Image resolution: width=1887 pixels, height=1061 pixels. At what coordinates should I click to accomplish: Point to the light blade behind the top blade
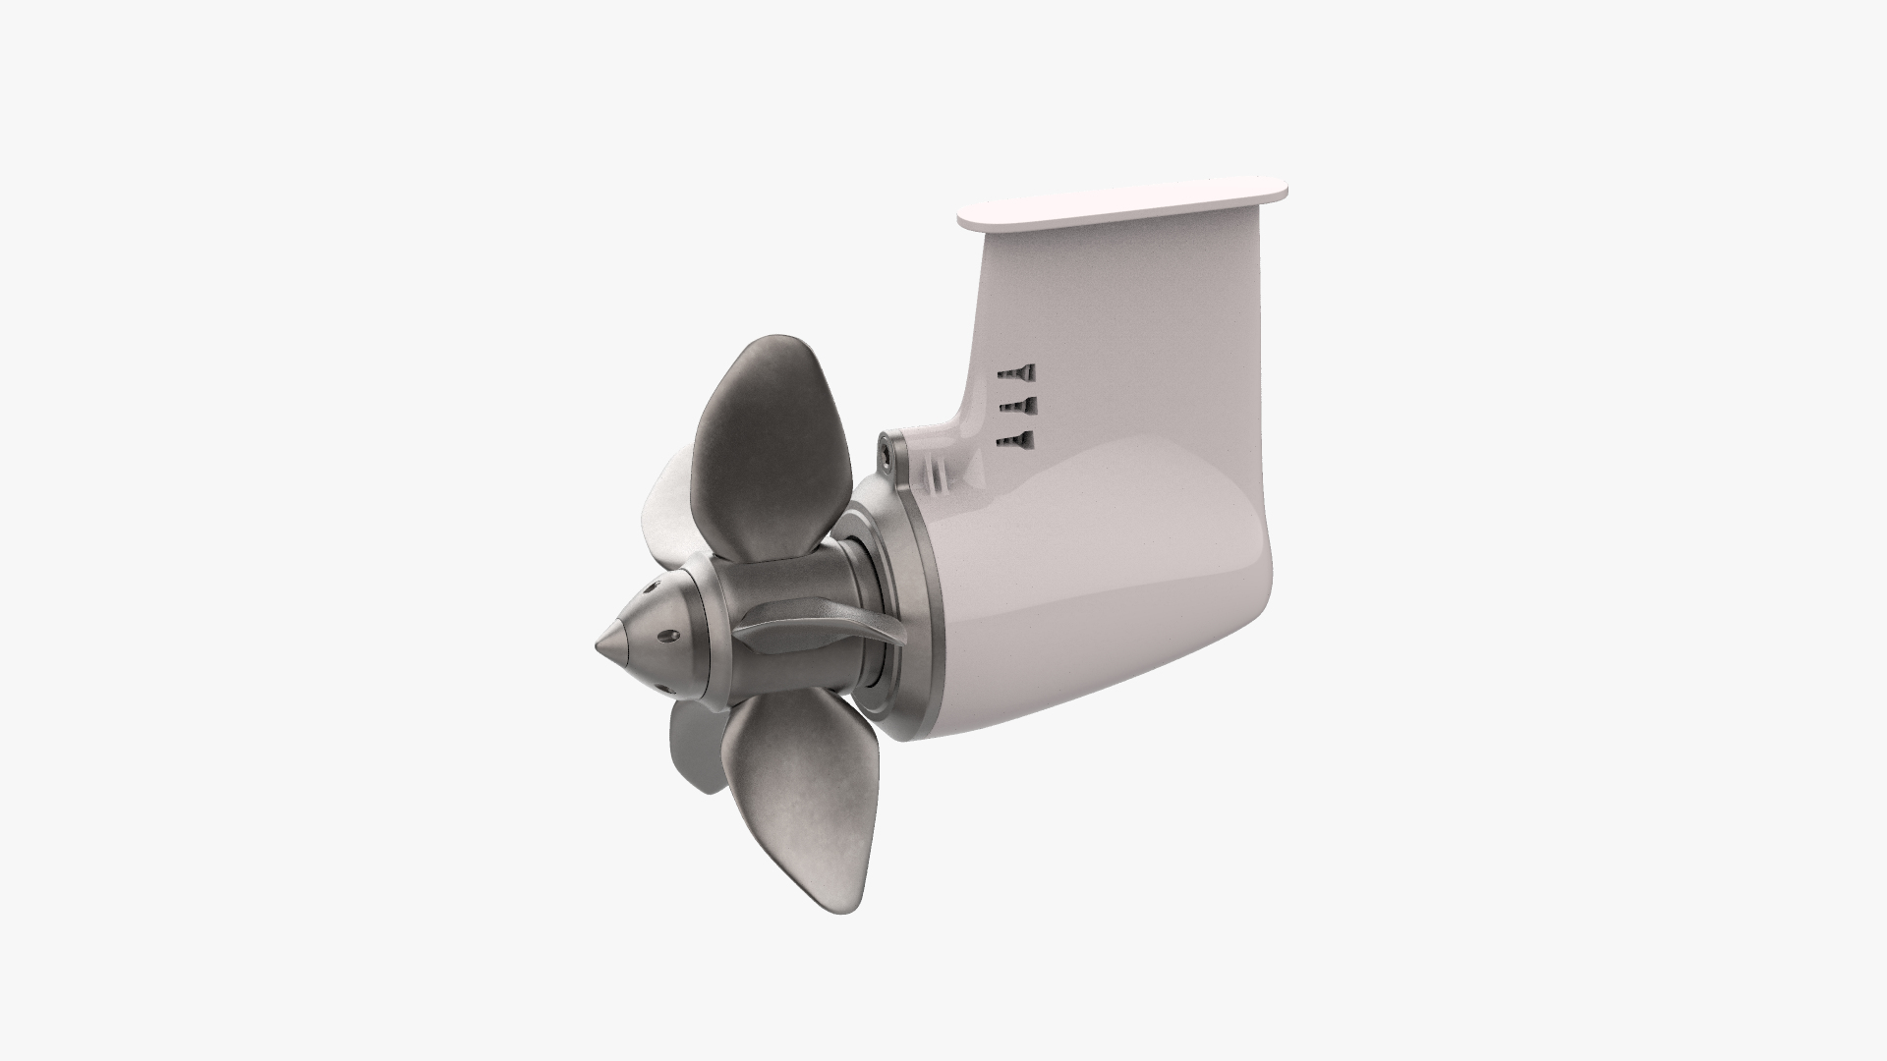point(666,511)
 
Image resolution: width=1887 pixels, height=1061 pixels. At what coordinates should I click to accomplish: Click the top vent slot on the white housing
point(1016,373)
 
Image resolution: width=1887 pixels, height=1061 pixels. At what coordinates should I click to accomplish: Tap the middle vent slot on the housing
point(1016,406)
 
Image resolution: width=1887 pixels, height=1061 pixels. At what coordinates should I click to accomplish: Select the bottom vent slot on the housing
point(1016,440)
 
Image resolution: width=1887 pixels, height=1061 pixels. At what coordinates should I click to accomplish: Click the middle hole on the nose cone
point(668,638)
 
